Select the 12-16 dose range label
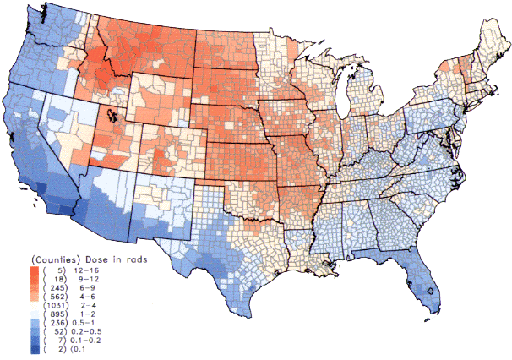point(87,270)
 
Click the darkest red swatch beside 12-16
point(34,270)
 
